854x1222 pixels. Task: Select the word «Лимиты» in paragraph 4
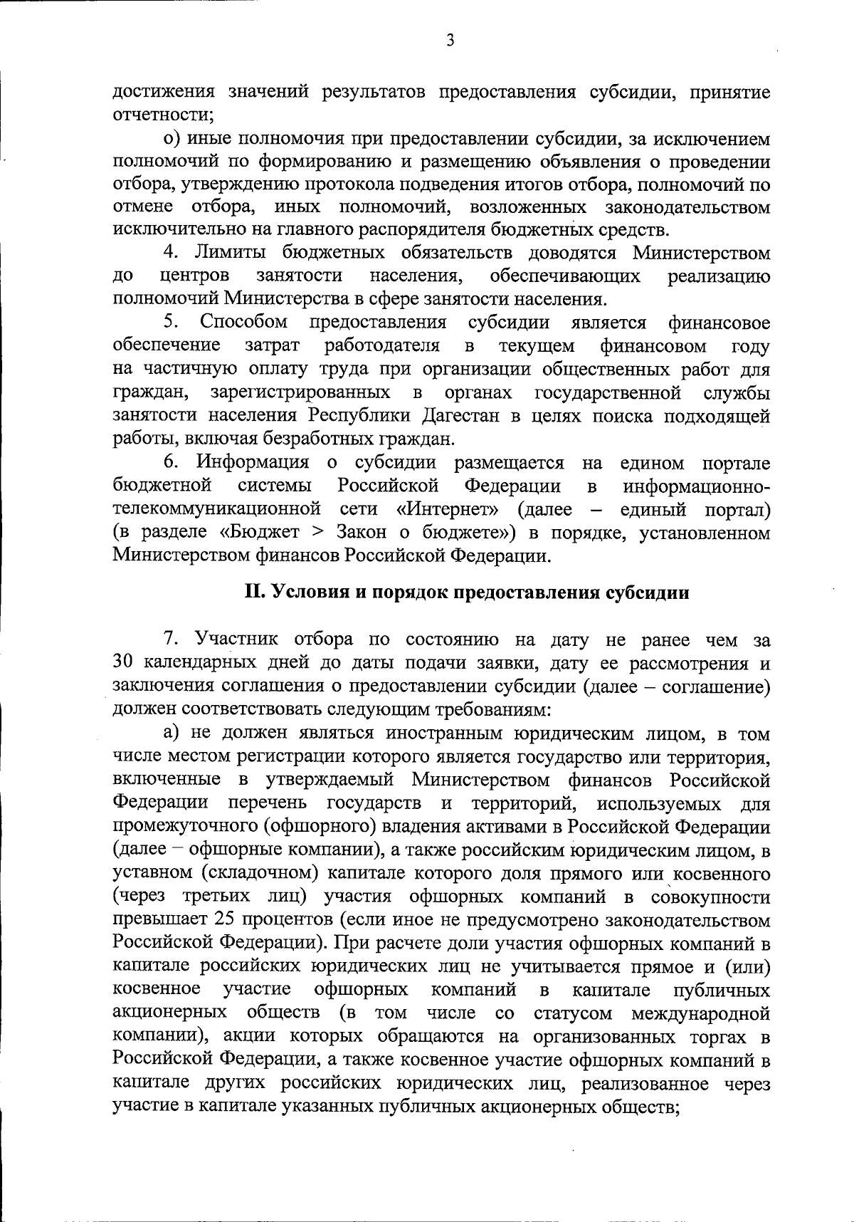click(233, 253)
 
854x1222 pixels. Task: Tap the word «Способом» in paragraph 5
click(244, 323)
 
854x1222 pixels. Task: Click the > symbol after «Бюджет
click(322, 533)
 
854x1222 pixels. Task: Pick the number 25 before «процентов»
click(223, 920)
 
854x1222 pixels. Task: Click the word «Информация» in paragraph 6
click(253, 463)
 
